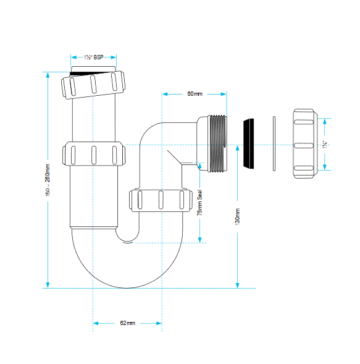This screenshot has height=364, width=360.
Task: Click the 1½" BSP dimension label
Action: coord(93,57)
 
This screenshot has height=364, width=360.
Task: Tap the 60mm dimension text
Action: coord(195,94)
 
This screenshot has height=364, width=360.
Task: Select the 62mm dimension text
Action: coord(128,323)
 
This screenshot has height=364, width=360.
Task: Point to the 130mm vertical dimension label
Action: coord(238,216)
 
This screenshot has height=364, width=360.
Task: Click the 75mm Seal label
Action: coord(199,203)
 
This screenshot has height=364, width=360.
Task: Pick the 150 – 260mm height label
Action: coord(48,180)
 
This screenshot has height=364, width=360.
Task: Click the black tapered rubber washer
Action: coord(249,143)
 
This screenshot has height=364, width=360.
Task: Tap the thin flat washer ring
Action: coord(274,144)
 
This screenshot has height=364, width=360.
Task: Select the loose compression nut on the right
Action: coord(305,143)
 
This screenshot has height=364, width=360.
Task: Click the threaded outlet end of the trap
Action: coord(217,143)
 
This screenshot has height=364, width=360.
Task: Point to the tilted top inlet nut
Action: coord(93,85)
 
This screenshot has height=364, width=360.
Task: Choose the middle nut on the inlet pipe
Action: coord(94,154)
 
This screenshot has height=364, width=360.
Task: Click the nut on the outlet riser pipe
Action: coord(161,200)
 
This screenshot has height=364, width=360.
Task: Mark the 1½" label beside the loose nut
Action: coord(325,145)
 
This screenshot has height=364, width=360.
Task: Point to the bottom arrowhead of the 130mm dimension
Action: coord(237,286)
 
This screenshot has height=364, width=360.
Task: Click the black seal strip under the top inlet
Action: coord(90,74)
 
